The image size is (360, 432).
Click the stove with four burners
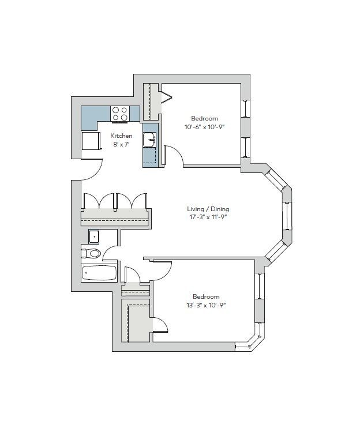coord(120,114)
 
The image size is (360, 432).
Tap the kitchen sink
coord(150,138)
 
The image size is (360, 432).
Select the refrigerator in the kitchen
coord(90,141)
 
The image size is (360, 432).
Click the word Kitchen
coord(121,136)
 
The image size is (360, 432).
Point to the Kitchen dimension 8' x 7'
coord(121,145)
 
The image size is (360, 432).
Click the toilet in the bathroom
coord(92,253)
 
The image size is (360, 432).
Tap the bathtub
coord(100,273)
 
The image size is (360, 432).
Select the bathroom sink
coord(94,236)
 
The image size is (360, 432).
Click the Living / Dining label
coord(208,209)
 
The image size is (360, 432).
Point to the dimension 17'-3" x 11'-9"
coord(208,217)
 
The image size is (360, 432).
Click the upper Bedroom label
coord(204,118)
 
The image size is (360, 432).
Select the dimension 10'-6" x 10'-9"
coord(204,127)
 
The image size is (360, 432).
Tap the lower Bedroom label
coord(206,296)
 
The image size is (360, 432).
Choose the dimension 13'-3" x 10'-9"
coord(206,305)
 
